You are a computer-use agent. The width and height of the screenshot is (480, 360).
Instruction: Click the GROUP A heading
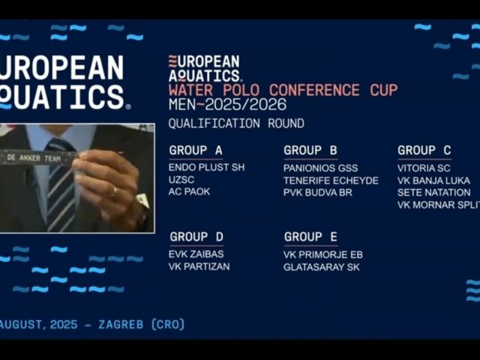196,150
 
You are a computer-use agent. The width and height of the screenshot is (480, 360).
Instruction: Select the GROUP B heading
310,150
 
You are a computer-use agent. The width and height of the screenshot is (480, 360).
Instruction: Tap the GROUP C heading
424,150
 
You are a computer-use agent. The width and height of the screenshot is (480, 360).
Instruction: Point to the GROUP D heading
196,237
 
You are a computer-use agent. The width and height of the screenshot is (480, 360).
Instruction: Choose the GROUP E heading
310,237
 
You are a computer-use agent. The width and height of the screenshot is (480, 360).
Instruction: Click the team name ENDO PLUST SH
207,167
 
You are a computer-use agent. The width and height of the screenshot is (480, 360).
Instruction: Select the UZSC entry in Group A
181,180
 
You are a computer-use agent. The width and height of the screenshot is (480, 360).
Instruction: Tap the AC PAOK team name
189,192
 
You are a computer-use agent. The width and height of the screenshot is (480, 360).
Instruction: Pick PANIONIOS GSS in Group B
320,168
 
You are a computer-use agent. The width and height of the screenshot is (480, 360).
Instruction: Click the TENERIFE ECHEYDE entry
331,181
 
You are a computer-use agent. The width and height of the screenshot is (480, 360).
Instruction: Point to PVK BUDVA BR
318,193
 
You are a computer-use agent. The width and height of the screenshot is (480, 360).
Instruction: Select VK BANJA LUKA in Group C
433,181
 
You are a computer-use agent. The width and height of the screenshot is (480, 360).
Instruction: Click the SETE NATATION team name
433,193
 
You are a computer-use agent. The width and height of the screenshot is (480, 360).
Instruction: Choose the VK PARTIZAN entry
199,267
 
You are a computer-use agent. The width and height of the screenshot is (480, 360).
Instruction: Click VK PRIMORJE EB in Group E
323,255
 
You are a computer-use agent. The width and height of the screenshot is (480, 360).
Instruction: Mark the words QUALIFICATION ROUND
236,124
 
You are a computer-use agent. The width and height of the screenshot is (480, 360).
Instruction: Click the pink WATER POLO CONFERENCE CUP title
283,90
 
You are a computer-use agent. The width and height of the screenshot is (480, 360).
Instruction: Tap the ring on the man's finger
115,192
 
